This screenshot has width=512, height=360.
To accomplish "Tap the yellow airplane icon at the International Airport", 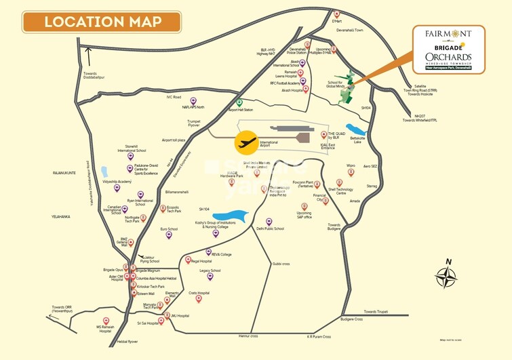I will point(246,143).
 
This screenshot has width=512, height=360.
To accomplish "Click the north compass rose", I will point(446,277).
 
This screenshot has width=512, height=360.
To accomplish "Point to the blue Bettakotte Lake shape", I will point(356,129).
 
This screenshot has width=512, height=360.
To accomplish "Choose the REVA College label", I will point(221,254).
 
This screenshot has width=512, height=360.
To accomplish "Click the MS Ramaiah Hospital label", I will point(104,329).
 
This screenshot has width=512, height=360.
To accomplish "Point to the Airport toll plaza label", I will point(174,140).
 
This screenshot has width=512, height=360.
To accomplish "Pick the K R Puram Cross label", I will point(318,336).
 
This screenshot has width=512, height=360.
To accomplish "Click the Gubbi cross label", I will point(281,263).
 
